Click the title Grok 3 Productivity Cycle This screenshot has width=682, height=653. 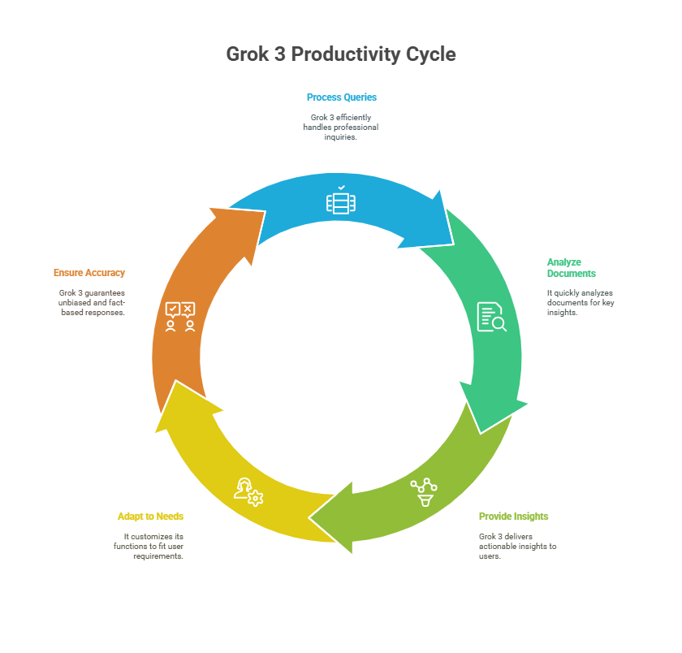click(340, 54)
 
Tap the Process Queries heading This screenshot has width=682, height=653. click(341, 97)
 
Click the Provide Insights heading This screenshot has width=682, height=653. click(513, 517)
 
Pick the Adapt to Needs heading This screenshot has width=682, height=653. click(150, 517)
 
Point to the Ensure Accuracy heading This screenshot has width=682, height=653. click(89, 273)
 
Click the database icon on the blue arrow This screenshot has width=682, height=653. click(341, 201)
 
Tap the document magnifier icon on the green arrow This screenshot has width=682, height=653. click(491, 317)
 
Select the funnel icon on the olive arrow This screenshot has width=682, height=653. click(424, 492)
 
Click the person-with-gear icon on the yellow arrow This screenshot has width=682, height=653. click(248, 492)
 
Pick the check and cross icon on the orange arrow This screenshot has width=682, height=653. click(179, 316)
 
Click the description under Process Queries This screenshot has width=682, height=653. click(341, 127)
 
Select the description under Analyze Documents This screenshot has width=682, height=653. click(580, 302)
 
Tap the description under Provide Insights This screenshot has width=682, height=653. click(517, 546)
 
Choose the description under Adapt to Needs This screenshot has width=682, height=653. click(149, 546)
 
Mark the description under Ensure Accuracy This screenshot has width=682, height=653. click(92, 302)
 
